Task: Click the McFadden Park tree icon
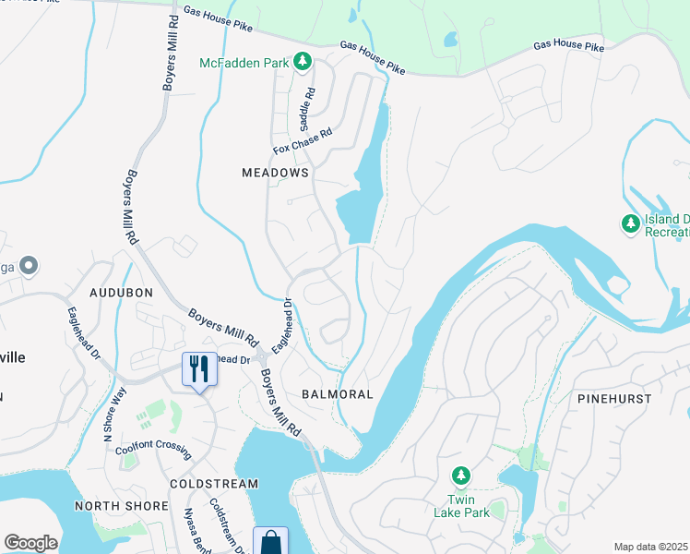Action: coord(302,62)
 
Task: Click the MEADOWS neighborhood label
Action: coord(274,173)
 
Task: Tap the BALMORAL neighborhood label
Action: coord(338,394)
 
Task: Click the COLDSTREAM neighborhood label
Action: coord(214,484)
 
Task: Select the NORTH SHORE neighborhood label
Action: coord(121,506)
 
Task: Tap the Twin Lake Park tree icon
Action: coord(460,476)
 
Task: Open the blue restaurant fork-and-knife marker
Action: coord(199,369)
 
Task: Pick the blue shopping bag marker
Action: coord(270,541)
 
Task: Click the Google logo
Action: coord(30,542)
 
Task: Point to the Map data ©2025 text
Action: coord(650,547)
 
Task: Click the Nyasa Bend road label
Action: coord(196,530)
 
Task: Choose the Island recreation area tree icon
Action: coord(630,223)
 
